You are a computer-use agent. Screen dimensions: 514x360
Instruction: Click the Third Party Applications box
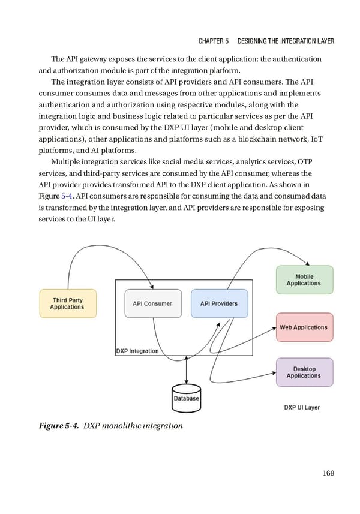click(x=67, y=303)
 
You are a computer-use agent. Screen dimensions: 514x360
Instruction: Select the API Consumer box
click(x=152, y=303)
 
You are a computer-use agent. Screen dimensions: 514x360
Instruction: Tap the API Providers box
click(x=219, y=303)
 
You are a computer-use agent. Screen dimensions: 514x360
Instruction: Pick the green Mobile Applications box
click(x=304, y=280)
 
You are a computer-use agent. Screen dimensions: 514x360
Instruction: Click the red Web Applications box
click(x=304, y=327)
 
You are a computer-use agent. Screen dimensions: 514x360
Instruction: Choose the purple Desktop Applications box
click(x=304, y=372)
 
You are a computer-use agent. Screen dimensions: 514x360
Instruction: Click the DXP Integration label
click(x=137, y=351)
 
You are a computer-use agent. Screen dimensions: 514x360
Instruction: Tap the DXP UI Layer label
click(x=302, y=407)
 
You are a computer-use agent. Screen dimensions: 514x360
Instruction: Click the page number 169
click(x=328, y=473)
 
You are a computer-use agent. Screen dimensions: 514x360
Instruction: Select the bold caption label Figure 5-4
click(x=59, y=426)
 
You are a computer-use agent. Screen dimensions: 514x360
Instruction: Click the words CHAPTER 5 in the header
click(x=213, y=41)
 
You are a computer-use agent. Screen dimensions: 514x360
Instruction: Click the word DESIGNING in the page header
click(x=256, y=41)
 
